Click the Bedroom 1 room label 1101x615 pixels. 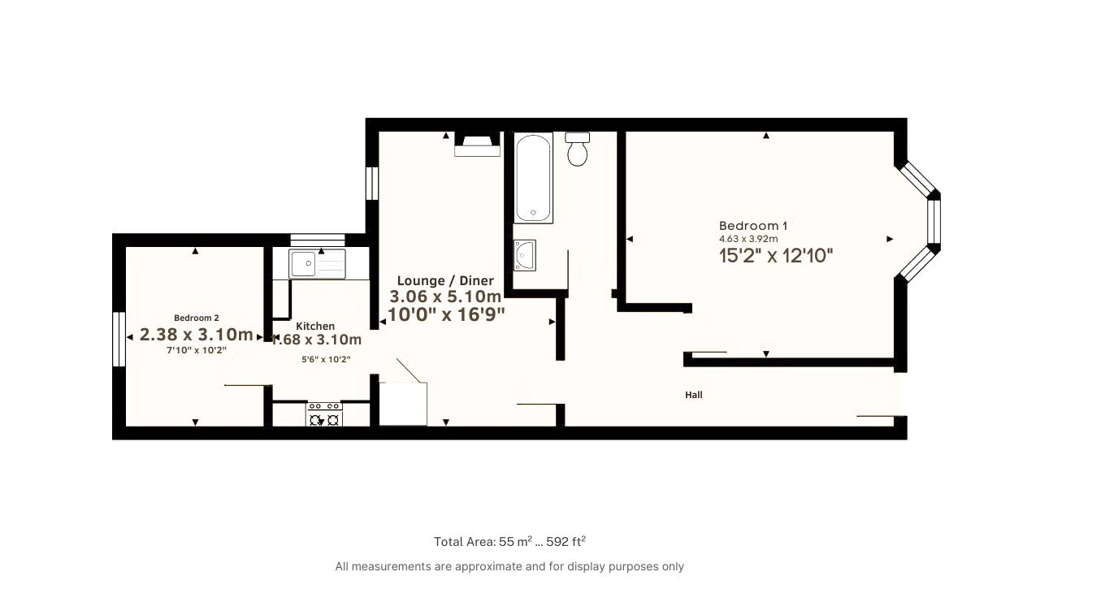point(753,226)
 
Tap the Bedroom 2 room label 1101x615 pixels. point(197,318)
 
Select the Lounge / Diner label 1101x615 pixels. point(445,281)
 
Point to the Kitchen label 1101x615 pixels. point(315,326)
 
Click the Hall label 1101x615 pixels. point(694,395)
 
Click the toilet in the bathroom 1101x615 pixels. point(578,149)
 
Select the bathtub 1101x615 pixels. point(533,177)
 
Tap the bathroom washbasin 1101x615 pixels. point(524,255)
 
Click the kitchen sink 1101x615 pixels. point(317,264)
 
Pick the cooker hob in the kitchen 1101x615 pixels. point(325,414)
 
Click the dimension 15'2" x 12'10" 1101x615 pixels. point(776,256)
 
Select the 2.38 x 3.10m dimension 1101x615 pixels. point(197,335)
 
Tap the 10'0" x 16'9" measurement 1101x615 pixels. point(446,314)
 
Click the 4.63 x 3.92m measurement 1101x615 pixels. point(748,239)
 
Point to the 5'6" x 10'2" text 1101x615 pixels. point(326,359)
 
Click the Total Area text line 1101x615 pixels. point(509,541)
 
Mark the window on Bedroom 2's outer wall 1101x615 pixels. point(119,340)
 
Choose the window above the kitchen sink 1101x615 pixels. point(318,240)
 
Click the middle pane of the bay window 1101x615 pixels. point(934,221)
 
